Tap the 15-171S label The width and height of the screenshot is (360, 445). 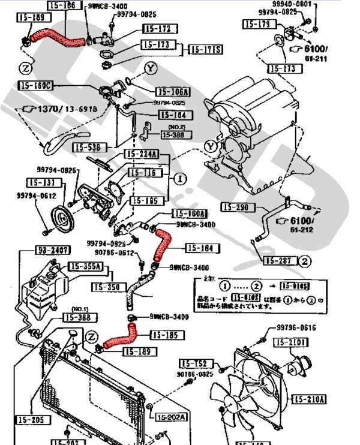tap(206, 49)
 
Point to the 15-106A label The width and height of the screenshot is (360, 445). tap(173, 92)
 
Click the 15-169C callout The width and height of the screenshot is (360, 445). tap(36, 86)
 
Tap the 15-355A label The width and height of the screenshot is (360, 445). tap(85, 267)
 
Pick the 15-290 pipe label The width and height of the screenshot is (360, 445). tap(235, 208)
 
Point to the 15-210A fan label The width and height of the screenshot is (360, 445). tap(309, 399)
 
